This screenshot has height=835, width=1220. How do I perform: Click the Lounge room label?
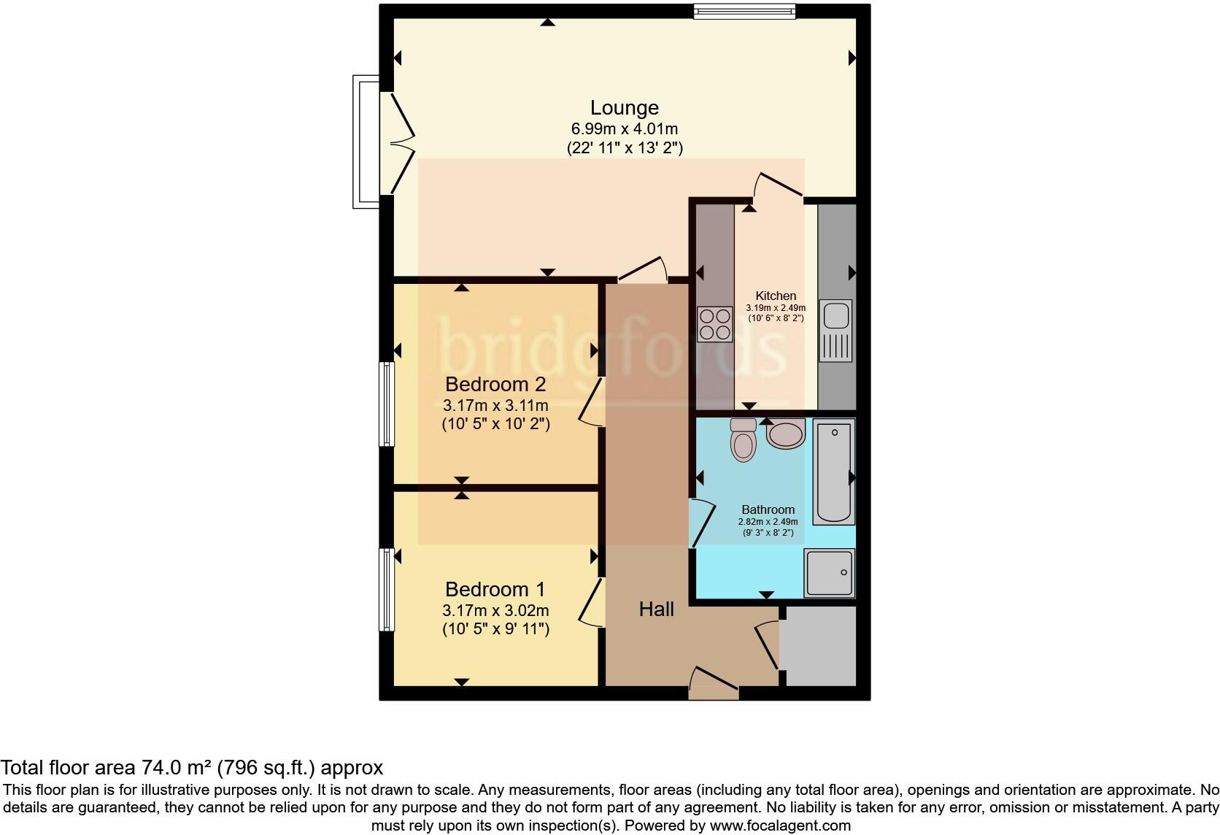coord(624,108)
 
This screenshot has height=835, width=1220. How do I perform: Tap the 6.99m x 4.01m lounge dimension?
coord(624,129)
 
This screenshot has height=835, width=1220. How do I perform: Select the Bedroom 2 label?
coord(495,384)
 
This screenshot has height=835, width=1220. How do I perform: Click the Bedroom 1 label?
coord(495,589)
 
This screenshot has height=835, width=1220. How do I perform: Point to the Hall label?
coord(656,609)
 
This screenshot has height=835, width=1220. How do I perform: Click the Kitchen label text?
coord(775,296)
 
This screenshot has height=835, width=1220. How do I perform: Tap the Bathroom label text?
coord(768,509)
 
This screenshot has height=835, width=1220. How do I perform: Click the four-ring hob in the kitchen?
coord(714,325)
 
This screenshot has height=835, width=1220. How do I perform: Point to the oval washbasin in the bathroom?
coord(786,434)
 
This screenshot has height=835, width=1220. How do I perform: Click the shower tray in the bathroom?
coord(829,572)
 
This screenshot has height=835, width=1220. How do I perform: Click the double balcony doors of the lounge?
coord(396,142)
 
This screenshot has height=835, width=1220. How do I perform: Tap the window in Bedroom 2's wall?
coord(386,404)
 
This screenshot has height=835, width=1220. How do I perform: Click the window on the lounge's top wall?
coord(744,11)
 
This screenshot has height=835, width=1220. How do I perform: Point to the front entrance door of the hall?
coord(714,685)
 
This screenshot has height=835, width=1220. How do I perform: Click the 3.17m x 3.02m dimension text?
coord(495,610)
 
